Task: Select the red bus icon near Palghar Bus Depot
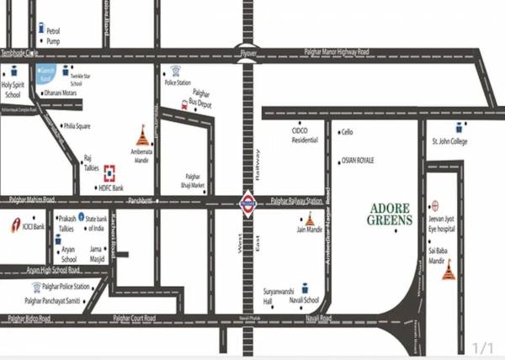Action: [x=183, y=104]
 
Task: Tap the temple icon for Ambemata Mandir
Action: [x=141, y=135]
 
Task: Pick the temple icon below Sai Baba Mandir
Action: [x=448, y=271]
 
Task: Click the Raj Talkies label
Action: [x=91, y=161]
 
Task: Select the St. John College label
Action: [x=449, y=140]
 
